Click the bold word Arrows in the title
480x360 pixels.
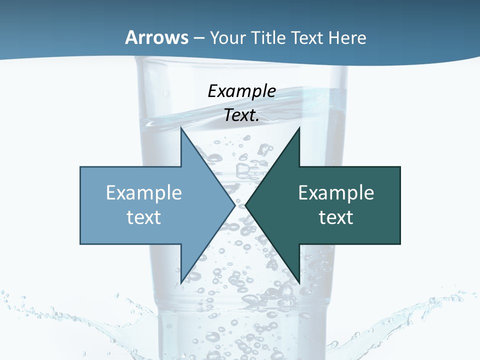[157, 37]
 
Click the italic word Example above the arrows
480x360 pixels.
[242, 91]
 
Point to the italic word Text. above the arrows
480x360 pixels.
[242, 115]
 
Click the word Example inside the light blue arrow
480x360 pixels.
[144, 192]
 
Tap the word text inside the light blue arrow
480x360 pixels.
[144, 217]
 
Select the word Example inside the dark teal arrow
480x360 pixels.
[336, 192]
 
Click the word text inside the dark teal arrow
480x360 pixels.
[336, 217]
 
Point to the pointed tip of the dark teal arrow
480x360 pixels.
[246, 205]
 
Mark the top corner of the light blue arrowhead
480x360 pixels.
[181, 129]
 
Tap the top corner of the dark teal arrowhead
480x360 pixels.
[299, 129]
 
